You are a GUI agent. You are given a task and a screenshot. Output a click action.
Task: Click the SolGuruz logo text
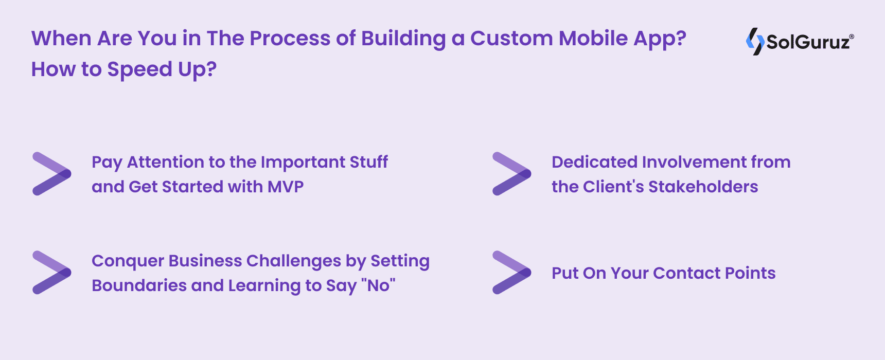[807, 42]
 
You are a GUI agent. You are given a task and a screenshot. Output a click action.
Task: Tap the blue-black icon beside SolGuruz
[755, 41]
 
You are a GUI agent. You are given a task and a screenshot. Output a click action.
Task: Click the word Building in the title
[403, 39]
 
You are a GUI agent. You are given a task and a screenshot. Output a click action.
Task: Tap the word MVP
[285, 187]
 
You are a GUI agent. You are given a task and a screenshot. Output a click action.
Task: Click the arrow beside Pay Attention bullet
[51, 174]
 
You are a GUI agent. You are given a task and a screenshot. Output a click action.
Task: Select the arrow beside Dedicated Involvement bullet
[511, 174]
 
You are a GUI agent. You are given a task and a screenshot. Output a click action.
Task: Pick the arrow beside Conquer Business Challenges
[51, 273]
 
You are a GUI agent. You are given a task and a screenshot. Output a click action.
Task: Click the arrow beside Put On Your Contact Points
[511, 273]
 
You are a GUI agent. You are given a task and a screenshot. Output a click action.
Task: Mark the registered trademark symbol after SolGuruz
[852, 37]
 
